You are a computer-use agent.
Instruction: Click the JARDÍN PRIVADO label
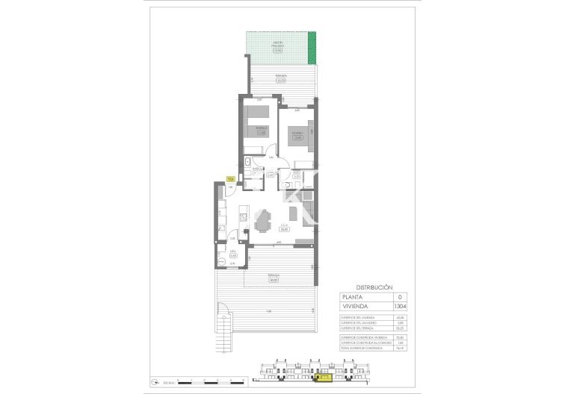point(278,46)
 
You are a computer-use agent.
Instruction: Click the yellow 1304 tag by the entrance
point(230,179)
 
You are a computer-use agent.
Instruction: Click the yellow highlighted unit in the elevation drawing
point(324,378)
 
